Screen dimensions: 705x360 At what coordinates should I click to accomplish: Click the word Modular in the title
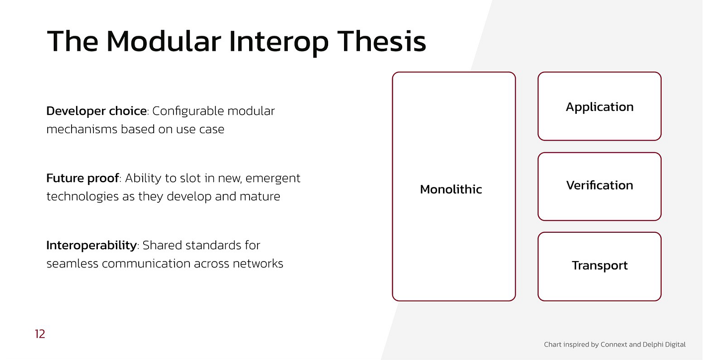pyautogui.click(x=164, y=41)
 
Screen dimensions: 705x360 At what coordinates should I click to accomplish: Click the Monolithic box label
pyautogui.click(x=451, y=189)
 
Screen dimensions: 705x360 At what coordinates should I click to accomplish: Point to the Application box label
pyautogui.click(x=600, y=107)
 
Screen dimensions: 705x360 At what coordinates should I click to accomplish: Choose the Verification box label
pyautogui.click(x=600, y=185)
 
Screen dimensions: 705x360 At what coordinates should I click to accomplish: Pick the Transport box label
pyautogui.click(x=600, y=266)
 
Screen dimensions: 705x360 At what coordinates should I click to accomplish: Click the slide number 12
pyautogui.click(x=40, y=334)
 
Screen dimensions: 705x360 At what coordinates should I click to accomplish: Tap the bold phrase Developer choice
pyautogui.click(x=96, y=111)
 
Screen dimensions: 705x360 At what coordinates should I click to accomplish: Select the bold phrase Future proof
pyautogui.click(x=83, y=178)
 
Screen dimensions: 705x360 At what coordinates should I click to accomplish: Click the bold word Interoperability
pyautogui.click(x=91, y=246)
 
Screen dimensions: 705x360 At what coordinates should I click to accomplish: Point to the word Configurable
pyautogui.click(x=188, y=111)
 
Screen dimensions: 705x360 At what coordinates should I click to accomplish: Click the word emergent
pyautogui.click(x=273, y=179)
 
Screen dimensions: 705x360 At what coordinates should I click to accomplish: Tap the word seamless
pyautogui.click(x=73, y=264)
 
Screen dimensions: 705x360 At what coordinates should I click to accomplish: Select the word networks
pyautogui.click(x=258, y=264)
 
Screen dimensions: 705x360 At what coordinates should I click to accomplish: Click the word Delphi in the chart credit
pyautogui.click(x=652, y=345)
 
